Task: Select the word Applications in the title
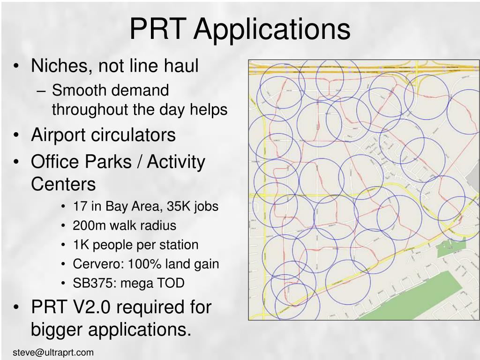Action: pyautogui.click(x=272, y=29)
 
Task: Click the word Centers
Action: pyautogui.click(x=63, y=184)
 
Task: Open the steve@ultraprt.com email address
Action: pyautogui.click(x=53, y=352)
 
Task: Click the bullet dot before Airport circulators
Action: pyautogui.click(x=17, y=135)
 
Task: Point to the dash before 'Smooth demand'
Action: pyautogui.click(x=44, y=90)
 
